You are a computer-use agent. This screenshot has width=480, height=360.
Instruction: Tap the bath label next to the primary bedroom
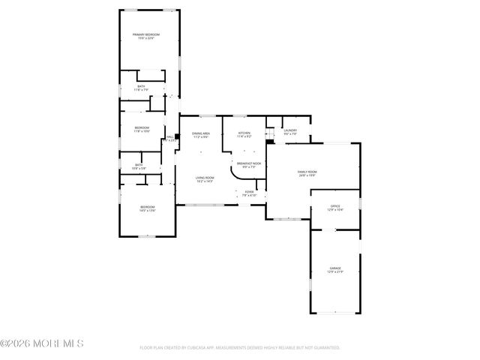[x=141, y=88]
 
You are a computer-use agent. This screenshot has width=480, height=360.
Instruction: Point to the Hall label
[x=169, y=137]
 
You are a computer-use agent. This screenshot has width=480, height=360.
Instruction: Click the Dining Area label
[x=200, y=135]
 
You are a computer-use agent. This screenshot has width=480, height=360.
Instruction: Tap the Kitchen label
[x=244, y=135]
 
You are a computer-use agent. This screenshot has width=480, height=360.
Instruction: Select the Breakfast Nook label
[x=248, y=164]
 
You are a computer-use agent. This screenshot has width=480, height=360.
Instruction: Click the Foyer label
[x=249, y=193]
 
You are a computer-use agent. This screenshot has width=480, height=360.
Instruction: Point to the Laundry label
[x=290, y=132]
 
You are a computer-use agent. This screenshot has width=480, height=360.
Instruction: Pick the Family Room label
[x=308, y=173]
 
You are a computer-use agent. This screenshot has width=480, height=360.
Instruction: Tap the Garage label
[x=335, y=269]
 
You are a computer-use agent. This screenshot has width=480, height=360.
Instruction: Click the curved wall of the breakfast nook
[x=234, y=174]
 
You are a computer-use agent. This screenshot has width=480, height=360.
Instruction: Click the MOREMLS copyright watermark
[x=42, y=343]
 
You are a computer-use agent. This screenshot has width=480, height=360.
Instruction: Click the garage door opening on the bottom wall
[x=335, y=313]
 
